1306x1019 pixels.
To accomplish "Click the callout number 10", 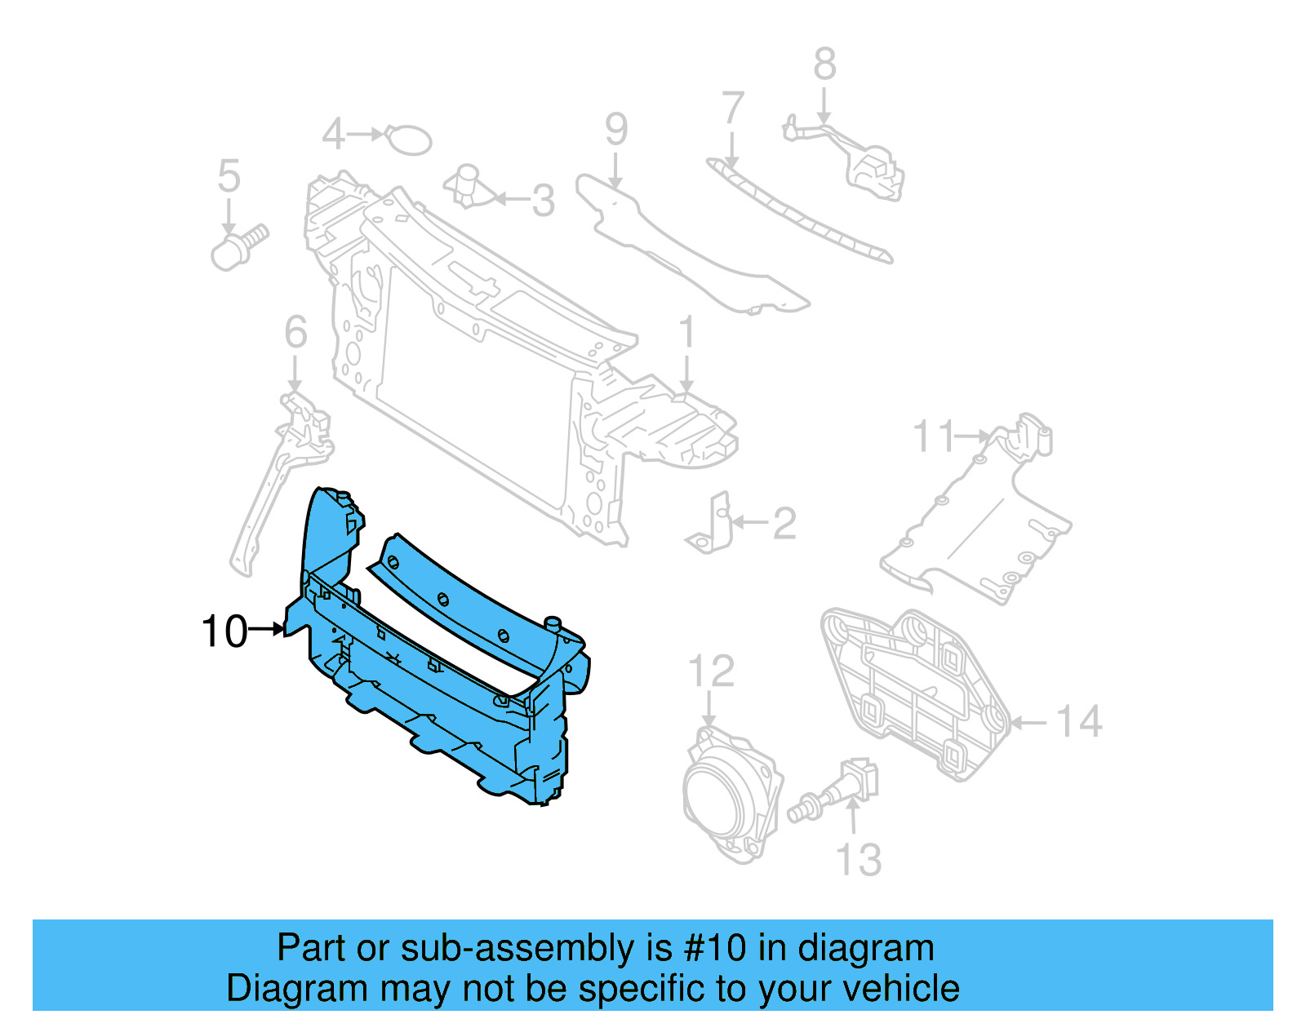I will pos(224,631).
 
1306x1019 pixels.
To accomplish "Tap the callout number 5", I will pos(229,176).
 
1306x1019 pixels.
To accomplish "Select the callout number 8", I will pos(824,64).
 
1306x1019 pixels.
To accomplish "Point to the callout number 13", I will pos(859,860).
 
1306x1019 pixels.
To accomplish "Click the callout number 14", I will pos(1079,722).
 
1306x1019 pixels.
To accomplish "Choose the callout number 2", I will pos(784,523).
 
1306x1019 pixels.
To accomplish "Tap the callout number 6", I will pos(295,332).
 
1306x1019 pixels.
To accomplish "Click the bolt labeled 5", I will pos(238,246).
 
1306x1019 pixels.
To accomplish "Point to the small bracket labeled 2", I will pos(711,526).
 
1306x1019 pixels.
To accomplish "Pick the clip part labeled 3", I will pos(468,187).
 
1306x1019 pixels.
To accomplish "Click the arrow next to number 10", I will pos(266,629).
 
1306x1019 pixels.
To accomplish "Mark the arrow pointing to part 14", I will pos(1030,722).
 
